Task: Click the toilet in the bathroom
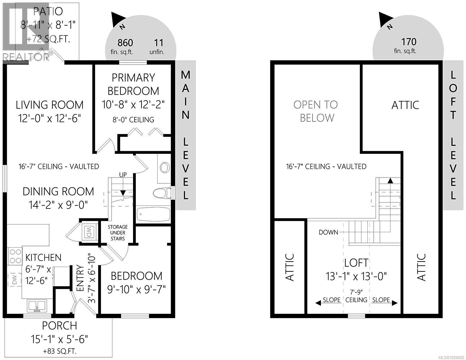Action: coord(161,193)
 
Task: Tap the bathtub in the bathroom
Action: coord(153,214)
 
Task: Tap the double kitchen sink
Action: coord(37,306)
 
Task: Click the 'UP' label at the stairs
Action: coord(123,175)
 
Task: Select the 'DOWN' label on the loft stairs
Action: coord(328,232)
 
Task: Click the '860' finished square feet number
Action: coord(125,43)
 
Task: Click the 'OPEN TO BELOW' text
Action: coord(316,111)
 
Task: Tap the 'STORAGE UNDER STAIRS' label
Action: coord(118,232)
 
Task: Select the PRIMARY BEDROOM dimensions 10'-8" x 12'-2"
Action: coord(133,105)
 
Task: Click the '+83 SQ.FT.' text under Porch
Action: coord(59,351)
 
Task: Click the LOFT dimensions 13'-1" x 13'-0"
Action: coord(356,276)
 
